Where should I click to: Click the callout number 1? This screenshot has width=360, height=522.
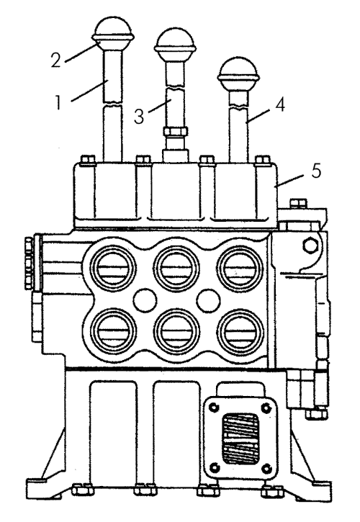(x=58, y=102)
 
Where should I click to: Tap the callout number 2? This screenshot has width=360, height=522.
(x=56, y=60)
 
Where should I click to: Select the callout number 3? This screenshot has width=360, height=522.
(x=139, y=117)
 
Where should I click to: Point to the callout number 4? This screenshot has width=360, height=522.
(x=280, y=105)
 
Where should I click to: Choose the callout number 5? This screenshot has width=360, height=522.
(x=315, y=171)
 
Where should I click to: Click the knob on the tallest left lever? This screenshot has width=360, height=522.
(x=114, y=31)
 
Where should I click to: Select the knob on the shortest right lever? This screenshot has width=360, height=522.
(x=238, y=71)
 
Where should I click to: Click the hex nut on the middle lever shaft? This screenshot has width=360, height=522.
(x=176, y=131)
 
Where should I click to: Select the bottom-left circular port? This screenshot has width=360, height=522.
(x=113, y=331)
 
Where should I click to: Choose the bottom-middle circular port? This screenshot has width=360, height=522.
(x=176, y=331)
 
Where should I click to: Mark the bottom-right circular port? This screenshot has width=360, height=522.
(x=240, y=331)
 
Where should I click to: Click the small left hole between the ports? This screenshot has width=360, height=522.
(x=145, y=300)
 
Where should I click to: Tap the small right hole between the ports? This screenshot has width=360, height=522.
(x=208, y=300)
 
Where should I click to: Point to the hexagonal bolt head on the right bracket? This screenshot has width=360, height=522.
(x=310, y=245)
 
